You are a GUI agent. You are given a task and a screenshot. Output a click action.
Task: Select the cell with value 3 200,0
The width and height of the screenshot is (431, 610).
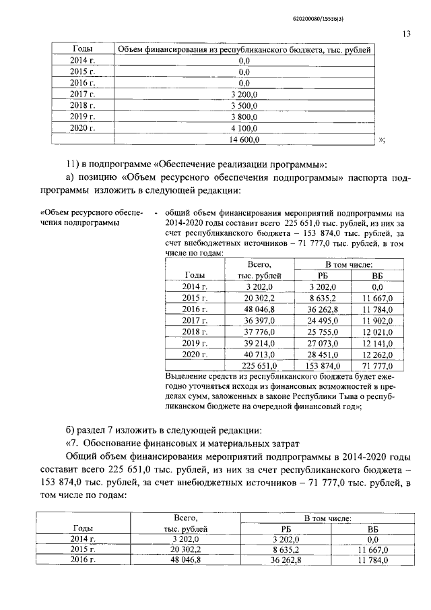(x=244, y=94)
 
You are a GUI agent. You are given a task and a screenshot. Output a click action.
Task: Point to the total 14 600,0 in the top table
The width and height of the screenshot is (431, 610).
(x=244, y=140)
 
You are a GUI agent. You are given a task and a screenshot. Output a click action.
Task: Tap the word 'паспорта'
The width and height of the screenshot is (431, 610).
(x=368, y=177)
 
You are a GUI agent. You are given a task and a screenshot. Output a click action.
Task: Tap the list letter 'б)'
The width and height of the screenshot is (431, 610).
(x=72, y=431)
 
